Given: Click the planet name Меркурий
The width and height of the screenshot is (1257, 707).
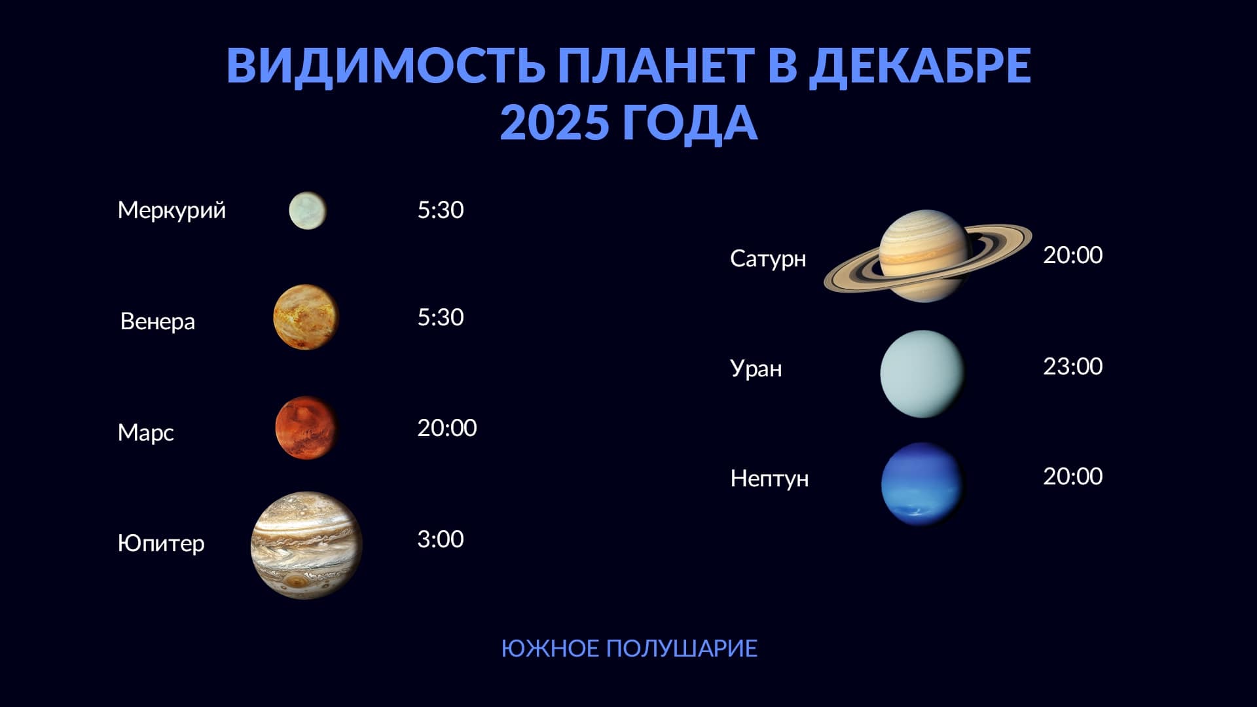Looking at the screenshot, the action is pyautogui.click(x=172, y=211).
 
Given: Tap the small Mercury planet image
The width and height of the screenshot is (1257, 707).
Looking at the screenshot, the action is pyautogui.click(x=308, y=211).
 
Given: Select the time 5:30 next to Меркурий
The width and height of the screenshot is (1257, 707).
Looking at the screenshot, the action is pyautogui.click(x=441, y=210).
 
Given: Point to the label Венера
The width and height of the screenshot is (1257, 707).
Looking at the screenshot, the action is pyautogui.click(x=158, y=321).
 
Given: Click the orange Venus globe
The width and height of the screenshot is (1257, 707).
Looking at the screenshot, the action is pyautogui.click(x=306, y=317).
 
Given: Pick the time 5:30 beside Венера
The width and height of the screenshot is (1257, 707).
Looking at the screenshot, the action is pyautogui.click(x=441, y=317).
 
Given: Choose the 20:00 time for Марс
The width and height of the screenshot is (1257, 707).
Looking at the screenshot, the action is pyautogui.click(x=447, y=428).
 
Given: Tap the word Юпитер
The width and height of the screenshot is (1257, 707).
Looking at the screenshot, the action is pyautogui.click(x=161, y=543).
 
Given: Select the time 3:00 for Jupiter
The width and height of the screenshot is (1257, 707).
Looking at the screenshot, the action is pyautogui.click(x=441, y=539).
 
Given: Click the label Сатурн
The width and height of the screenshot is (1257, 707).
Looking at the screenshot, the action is pyautogui.click(x=768, y=259).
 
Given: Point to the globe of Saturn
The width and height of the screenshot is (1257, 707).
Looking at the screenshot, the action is pyautogui.click(x=924, y=255).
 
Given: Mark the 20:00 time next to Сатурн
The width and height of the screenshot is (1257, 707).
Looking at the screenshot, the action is pyautogui.click(x=1073, y=255).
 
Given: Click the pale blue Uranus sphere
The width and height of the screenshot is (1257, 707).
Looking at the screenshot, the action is pyautogui.click(x=922, y=374).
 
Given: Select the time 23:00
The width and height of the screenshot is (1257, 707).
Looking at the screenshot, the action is pyautogui.click(x=1073, y=367).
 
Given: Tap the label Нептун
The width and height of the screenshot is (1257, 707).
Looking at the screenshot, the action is pyautogui.click(x=769, y=479).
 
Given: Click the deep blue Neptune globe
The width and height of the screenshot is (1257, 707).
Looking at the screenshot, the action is pyautogui.click(x=922, y=484).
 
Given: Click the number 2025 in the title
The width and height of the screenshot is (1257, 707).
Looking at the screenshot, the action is pyautogui.click(x=555, y=122).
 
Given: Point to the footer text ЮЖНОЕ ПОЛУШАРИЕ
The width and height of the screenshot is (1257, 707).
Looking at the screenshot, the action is pyautogui.click(x=629, y=649).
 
